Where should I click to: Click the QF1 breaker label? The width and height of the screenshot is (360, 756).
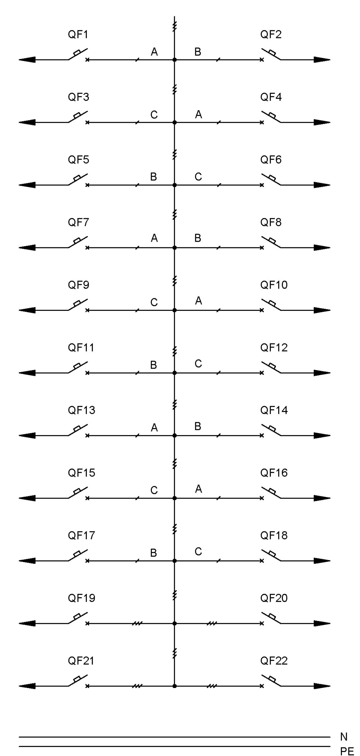pos(78,34)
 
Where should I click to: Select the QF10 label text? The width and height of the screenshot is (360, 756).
pos(274,285)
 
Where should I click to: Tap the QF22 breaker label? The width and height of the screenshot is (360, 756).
pos(274,661)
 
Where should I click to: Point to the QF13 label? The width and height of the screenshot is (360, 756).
pos(81,410)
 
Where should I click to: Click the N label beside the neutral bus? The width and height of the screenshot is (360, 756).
pos(344,737)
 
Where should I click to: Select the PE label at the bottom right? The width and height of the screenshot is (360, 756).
pos(347,751)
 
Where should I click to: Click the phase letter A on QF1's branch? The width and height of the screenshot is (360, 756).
pos(154,52)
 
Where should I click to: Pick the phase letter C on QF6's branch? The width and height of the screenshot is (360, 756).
pos(198,177)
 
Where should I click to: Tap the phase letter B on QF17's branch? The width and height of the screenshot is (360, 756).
pos(153,553)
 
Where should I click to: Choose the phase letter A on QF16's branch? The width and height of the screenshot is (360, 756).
pos(199,489)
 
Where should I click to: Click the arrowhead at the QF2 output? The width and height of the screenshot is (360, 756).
pos(322,60)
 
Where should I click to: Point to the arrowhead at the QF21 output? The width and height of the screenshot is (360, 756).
pos(27,686)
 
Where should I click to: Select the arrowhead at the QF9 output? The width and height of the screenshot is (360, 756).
pos(27,310)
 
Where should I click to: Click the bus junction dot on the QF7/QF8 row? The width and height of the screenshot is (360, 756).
pos(174,248)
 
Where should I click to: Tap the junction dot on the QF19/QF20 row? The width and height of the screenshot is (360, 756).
pos(174,623)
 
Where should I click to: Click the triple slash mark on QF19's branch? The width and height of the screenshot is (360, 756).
pos(137,623)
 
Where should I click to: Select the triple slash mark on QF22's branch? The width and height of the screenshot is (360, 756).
pos(212,686)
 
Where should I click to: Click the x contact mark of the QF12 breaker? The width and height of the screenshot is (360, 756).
pos(262,373)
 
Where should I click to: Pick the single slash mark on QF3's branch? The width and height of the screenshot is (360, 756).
pos(137,122)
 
